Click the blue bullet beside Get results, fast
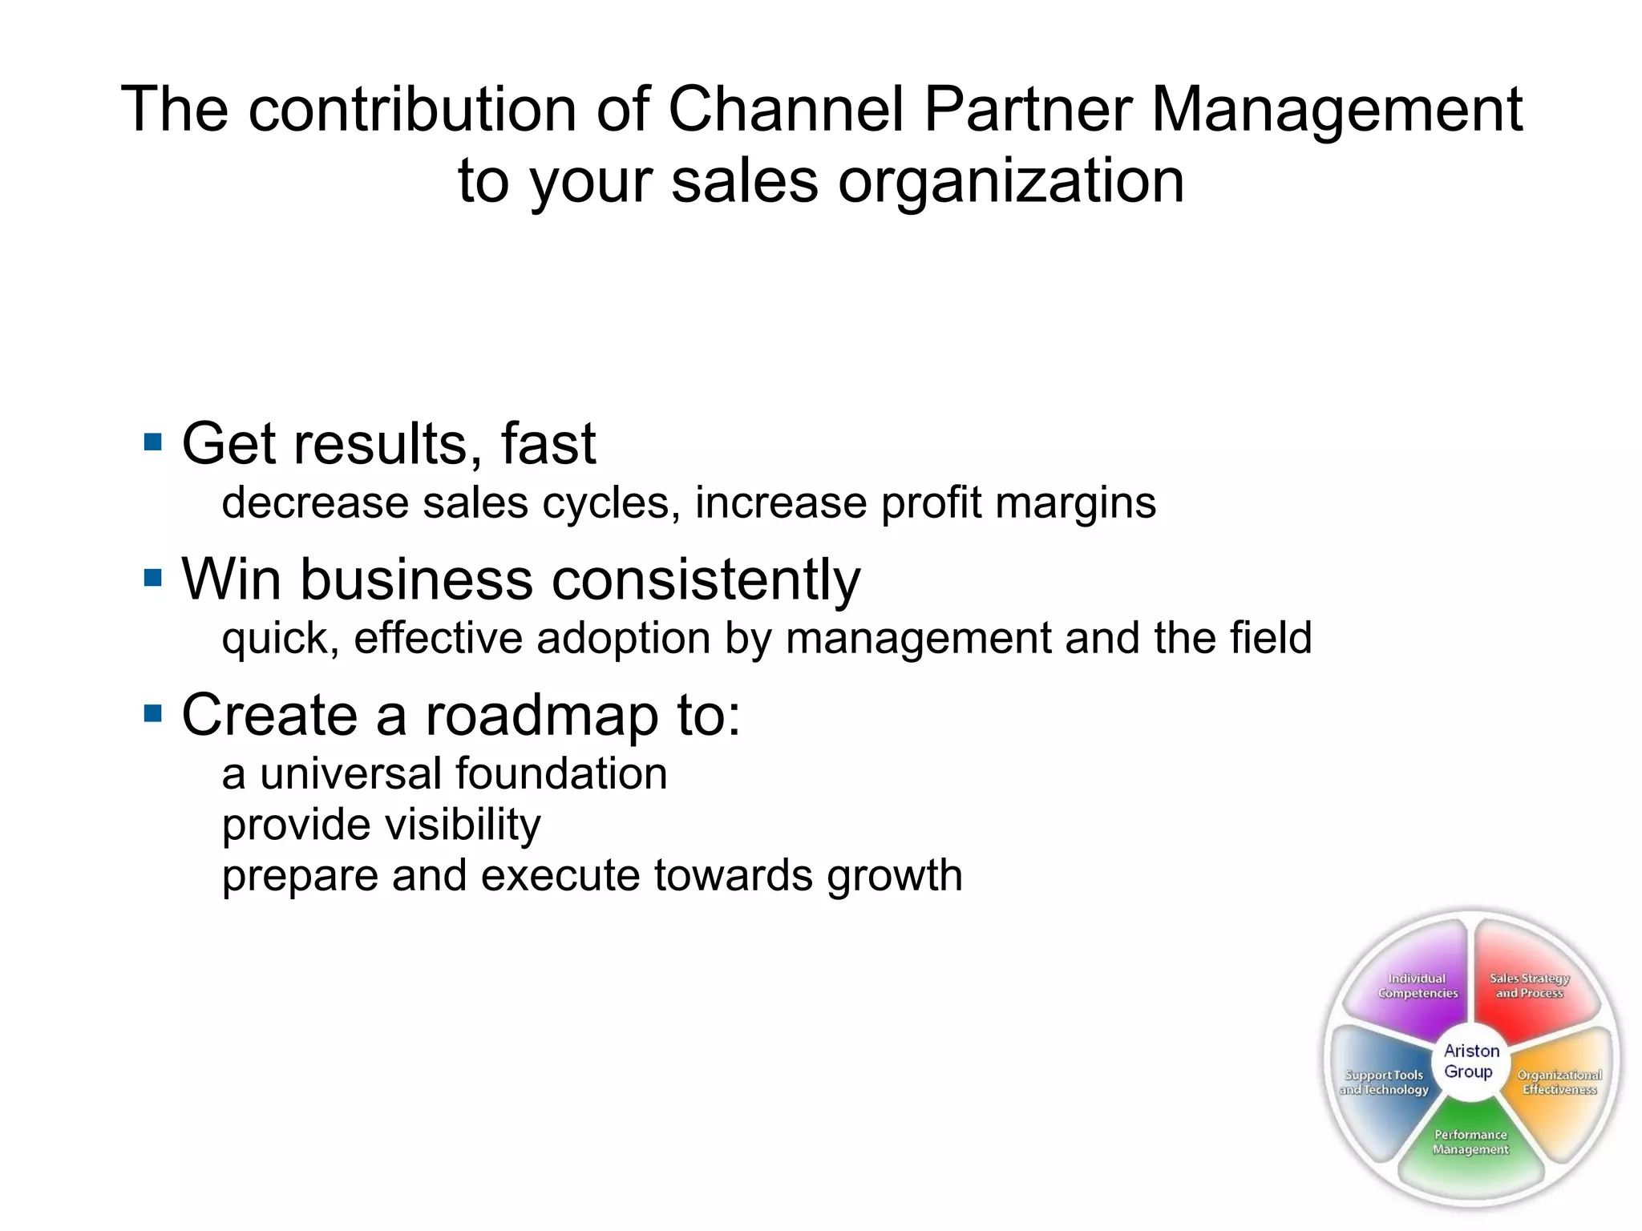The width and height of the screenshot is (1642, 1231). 152,442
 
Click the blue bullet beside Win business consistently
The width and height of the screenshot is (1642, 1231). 152,578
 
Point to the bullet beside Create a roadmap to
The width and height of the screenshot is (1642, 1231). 152,713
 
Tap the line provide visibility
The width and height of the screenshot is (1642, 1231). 382,825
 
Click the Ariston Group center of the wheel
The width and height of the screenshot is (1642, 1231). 1471,1061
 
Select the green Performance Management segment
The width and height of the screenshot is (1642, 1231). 1470,1146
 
